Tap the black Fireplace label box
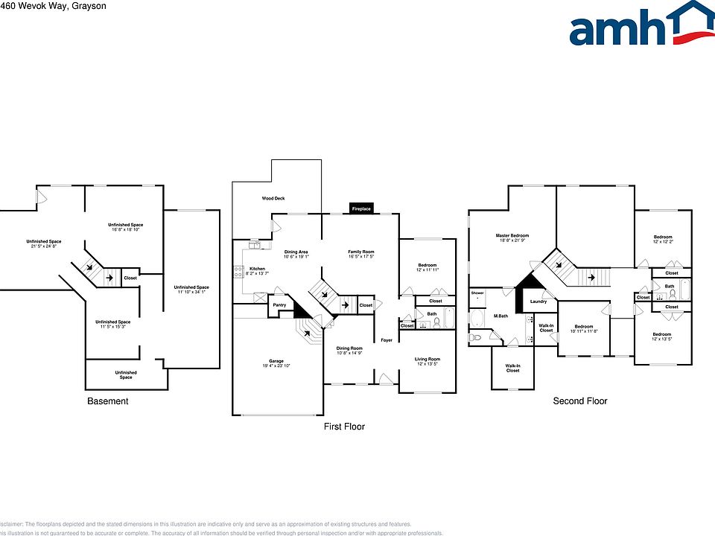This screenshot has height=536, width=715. (x=361, y=208)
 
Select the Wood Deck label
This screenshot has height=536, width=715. (x=273, y=199)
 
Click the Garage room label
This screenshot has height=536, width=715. (x=276, y=361)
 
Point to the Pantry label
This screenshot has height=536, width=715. (x=279, y=305)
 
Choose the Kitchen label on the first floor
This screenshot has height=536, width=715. (x=257, y=269)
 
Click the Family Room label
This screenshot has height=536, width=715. (x=360, y=252)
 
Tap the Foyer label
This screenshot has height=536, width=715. (x=387, y=340)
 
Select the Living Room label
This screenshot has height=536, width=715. (x=428, y=360)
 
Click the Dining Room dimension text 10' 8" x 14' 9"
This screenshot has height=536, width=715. (x=349, y=354)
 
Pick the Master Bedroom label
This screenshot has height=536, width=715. (x=512, y=236)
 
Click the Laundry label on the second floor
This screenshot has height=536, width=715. (x=538, y=301)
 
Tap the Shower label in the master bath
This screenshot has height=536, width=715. (x=477, y=293)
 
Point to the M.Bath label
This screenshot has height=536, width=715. (x=500, y=316)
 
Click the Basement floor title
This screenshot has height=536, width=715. (x=108, y=401)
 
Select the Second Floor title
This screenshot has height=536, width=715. (x=579, y=401)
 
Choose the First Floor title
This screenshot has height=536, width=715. (x=344, y=427)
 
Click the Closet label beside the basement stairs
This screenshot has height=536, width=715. (x=130, y=278)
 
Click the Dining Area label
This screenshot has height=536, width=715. (x=296, y=252)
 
